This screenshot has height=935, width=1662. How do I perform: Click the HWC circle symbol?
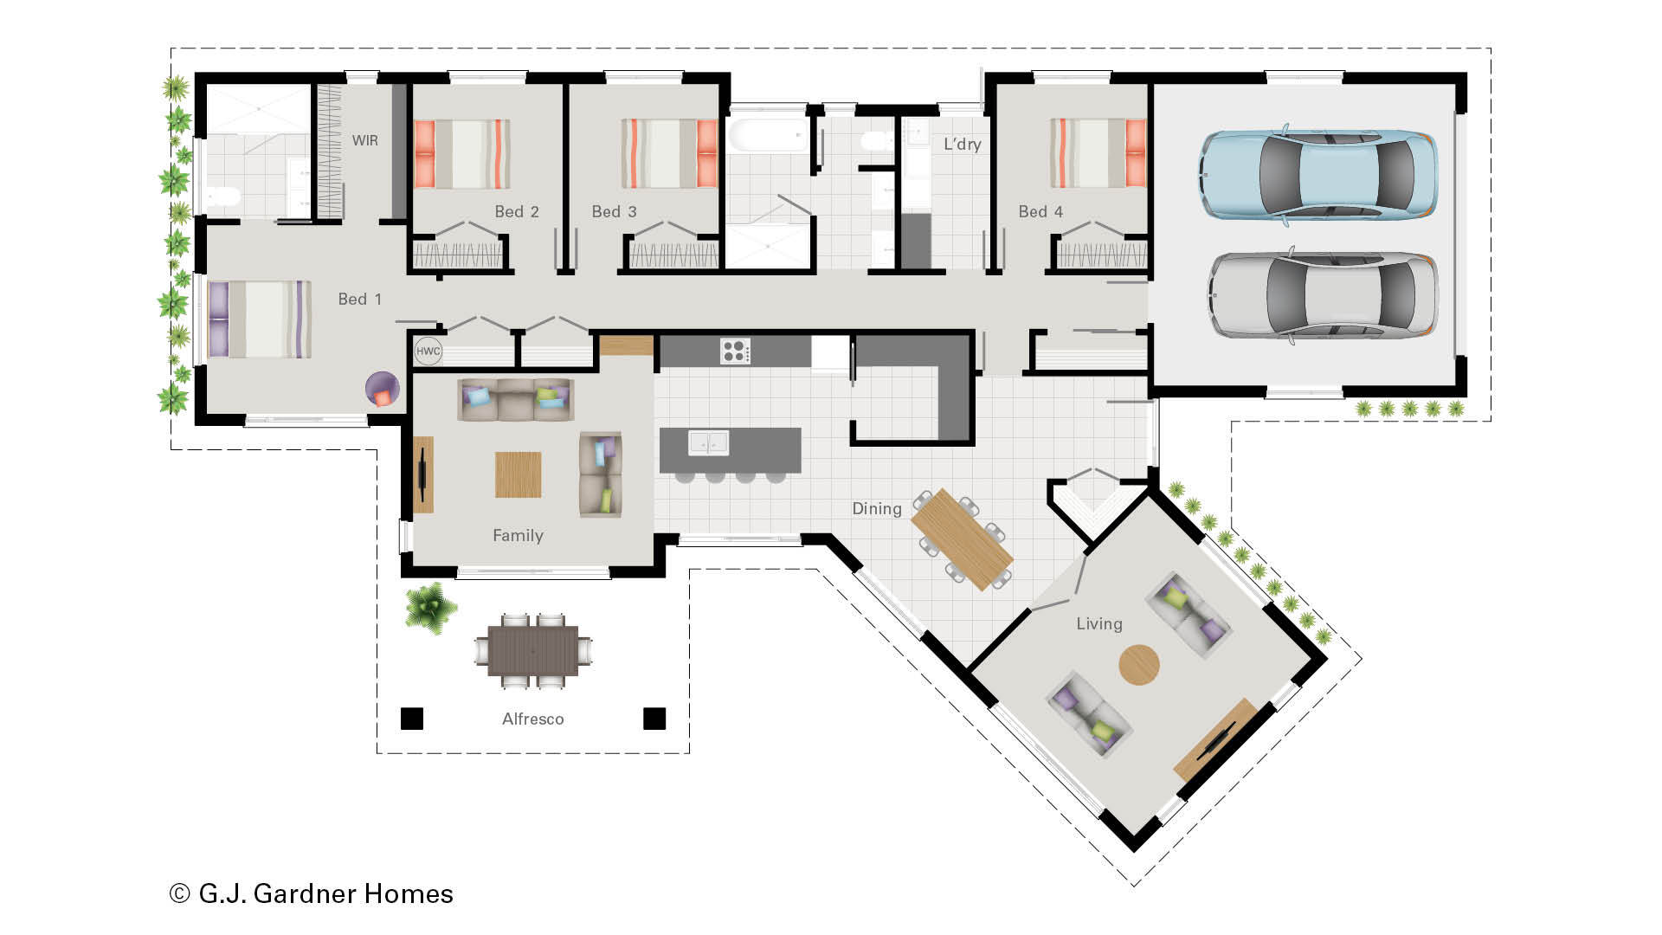pyautogui.click(x=428, y=351)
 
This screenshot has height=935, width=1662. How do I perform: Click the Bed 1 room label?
pyautogui.click(x=359, y=299)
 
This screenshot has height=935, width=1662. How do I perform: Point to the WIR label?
pyautogui.click(x=364, y=140)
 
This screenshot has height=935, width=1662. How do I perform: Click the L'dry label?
pyautogui.click(x=962, y=145)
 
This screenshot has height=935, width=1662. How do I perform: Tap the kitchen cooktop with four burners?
pyautogui.click(x=735, y=351)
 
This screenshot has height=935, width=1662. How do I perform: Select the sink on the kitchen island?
pyautogui.click(x=707, y=442)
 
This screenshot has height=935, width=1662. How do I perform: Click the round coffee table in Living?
pyautogui.click(x=1138, y=665)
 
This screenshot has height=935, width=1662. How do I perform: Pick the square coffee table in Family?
pyautogui.click(x=518, y=474)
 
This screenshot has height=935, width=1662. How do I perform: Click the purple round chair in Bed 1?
pyautogui.click(x=382, y=389)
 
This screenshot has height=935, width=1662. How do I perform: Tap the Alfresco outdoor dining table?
pyautogui.click(x=532, y=650)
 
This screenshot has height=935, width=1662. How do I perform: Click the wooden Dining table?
pyautogui.click(x=962, y=538)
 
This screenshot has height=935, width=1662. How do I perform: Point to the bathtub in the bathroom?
pyautogui.click(x=767, y=136)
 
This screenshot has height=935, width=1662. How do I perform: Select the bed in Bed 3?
pyautogui.click(x=669, y=153)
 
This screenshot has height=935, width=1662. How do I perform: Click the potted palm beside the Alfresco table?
pyautogui.click(x=429, y=607)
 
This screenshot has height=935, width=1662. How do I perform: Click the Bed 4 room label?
pyautogui.click(x=1040, y=211)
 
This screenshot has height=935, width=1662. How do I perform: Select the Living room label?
pyautogui.click(x=1098, y=623)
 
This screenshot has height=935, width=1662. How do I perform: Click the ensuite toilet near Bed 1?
pyautogui.click(x=223, y=197)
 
